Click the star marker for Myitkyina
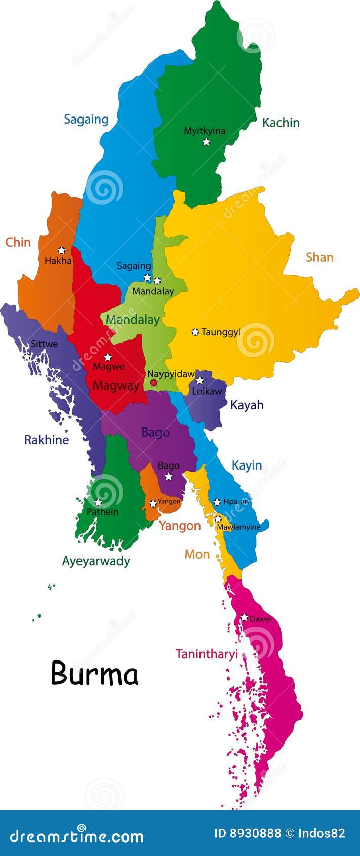[206, 142]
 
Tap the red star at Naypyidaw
[154, 383]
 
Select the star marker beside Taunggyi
[195, 332]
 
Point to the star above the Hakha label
[62, 250]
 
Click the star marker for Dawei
[244, 617]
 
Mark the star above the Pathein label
[98, 502]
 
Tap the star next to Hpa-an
[217, 502]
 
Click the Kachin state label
[281, 123]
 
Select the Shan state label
[319, 257]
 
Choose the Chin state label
[18, 242]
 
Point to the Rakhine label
[47, 440]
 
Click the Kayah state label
[247, 405]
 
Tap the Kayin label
[247, 465]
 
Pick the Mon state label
[197, 554]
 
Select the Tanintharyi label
[207, 654]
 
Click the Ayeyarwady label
[96, 561]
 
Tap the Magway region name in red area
[116, 386]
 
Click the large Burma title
[95, 674]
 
